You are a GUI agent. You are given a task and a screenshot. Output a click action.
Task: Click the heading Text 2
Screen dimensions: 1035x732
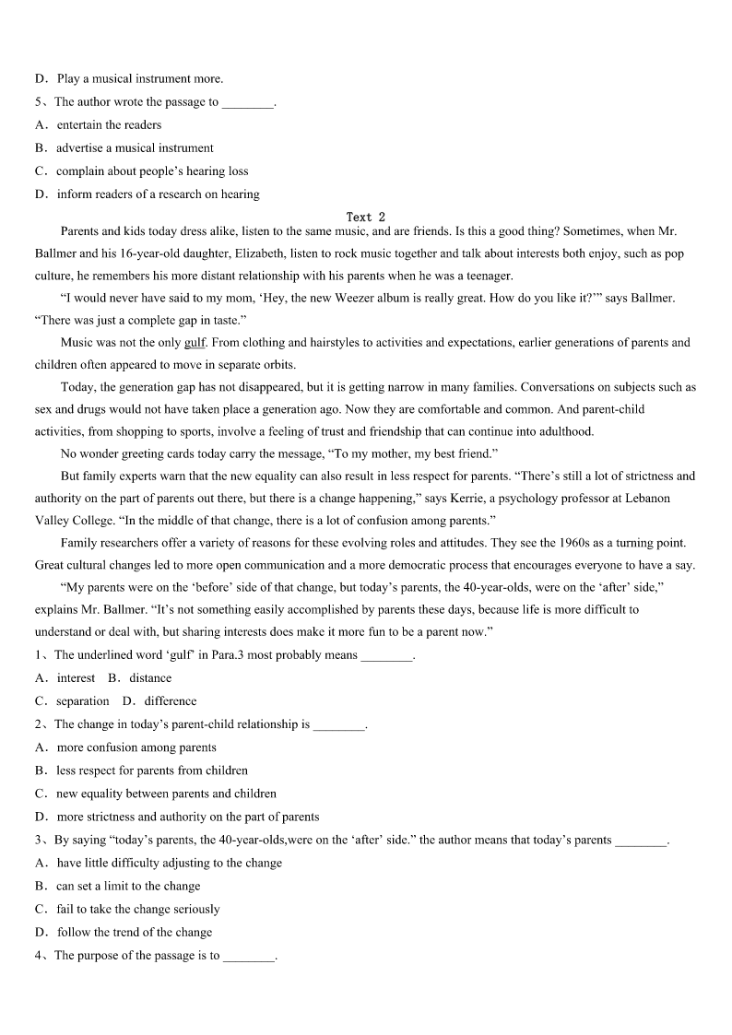click(366, 218)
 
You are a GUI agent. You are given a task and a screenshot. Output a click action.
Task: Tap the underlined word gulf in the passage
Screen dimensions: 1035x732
click(195, 343)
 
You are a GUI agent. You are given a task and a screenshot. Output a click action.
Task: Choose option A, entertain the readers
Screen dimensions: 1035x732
click(109, 125)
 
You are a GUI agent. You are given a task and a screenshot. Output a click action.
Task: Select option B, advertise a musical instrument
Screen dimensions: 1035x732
click(135, 148)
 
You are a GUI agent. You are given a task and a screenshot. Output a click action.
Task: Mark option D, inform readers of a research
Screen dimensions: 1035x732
click(158, 194)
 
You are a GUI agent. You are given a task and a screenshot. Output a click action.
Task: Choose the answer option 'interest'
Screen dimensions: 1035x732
click(76, 678)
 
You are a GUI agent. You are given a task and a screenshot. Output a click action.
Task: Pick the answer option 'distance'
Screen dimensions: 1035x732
click(150, 678)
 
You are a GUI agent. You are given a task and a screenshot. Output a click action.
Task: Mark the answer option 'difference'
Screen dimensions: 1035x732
click(171, 701)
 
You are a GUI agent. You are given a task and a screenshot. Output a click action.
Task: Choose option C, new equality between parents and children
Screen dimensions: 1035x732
click(166, 794)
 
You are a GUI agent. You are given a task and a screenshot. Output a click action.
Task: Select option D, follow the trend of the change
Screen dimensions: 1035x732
click(134, 932)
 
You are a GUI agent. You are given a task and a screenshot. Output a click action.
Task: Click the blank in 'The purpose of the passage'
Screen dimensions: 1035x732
click(249, 957)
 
